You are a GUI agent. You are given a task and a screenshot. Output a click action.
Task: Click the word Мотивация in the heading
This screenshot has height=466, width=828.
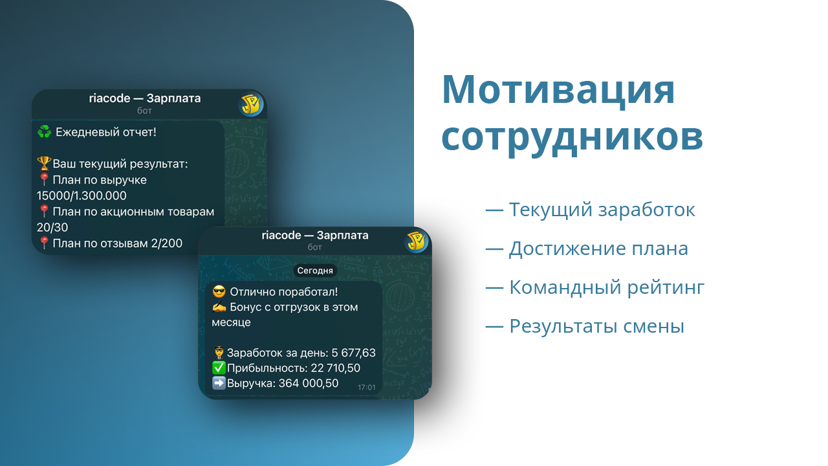pyautogui.click(x=558, y=91)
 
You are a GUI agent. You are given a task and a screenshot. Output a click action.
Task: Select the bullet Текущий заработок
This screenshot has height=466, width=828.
pyautogui.click(x=590, y=210)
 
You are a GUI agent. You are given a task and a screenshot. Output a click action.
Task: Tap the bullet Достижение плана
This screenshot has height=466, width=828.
pyautogui.click(x=587, y=249)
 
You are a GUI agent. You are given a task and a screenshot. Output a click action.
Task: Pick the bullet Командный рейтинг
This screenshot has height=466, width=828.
pyautogui.click(x=594, y=287)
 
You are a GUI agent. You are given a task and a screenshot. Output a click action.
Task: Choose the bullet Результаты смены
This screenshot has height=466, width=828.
pyautogui.click(x=585, y=326)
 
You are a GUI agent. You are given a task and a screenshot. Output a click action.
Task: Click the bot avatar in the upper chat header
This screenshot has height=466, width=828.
pyautogui.click(x=250, y=105)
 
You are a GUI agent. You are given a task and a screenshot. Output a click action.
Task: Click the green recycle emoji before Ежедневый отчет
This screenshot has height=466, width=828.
pyautogui.click(x=45, y=131)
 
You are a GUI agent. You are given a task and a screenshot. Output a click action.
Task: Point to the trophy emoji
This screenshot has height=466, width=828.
pyautogui.click(x=44, y=163)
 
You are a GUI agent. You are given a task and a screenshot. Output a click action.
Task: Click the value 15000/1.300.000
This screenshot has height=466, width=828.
pyautogui.click(x=82, y=195)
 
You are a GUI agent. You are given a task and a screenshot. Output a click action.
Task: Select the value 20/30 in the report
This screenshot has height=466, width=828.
pyautogui.click(x=52, y=227)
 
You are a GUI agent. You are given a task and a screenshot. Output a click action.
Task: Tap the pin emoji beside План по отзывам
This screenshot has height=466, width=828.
pyautogui.click(x=44, y=243)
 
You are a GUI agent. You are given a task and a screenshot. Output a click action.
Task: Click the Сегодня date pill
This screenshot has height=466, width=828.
pyautogui.click(x=315, y=271)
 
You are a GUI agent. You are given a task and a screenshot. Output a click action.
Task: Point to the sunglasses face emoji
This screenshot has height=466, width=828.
pyautogui.click(x=219, y=292)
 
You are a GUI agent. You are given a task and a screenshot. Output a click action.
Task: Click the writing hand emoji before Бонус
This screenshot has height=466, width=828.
pyautogui.click(x=219, y=307)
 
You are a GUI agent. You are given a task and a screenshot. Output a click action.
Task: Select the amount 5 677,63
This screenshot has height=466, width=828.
pyautogui.click(x=353, y=353)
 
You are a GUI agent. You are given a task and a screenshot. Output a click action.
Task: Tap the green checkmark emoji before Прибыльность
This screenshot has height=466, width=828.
pyautogui.click(x=219, y=368)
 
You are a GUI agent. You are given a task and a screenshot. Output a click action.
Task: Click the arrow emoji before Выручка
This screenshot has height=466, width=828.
pyautogui.click(x=219, y=383)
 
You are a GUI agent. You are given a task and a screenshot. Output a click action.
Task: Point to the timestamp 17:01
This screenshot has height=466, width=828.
pyautogui.click(x=366, y=387)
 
